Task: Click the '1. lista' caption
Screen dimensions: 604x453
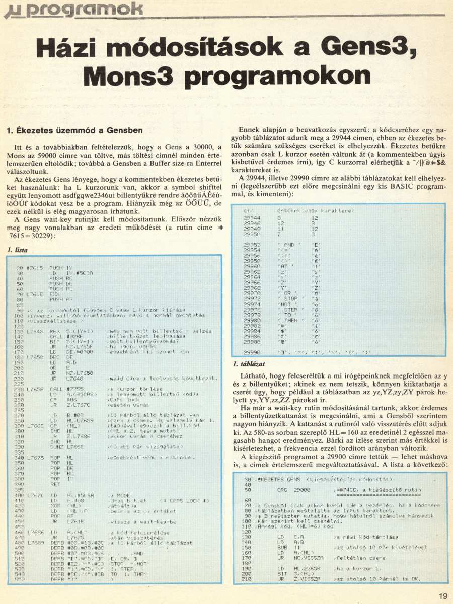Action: click(18, 250)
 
